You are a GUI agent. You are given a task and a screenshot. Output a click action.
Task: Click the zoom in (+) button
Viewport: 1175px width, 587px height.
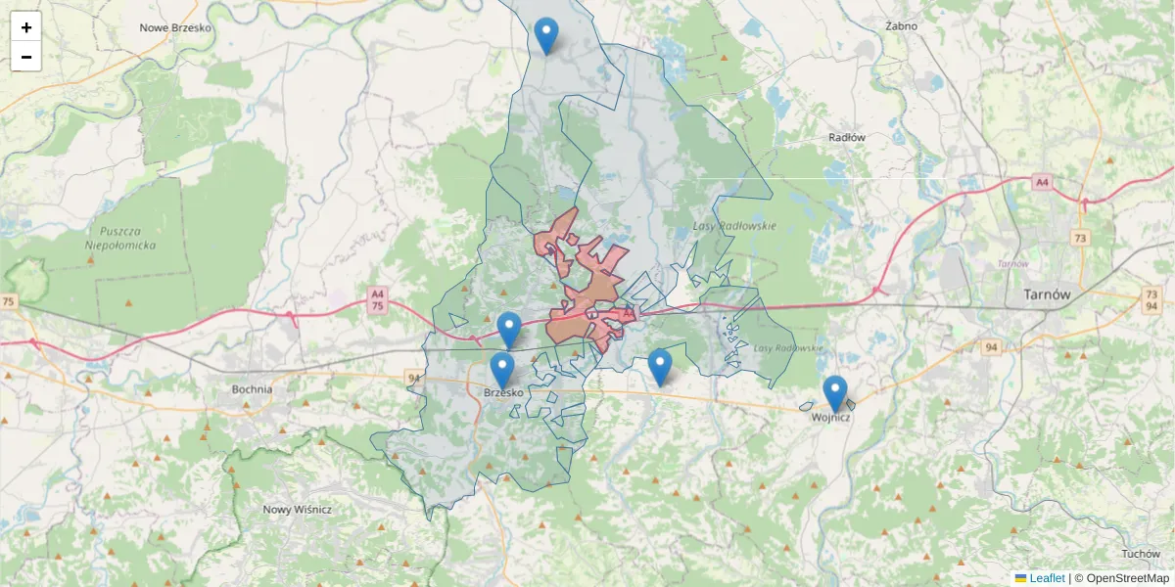[26, 27]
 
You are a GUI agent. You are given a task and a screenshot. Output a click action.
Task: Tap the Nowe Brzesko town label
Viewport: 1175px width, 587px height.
[175, 27]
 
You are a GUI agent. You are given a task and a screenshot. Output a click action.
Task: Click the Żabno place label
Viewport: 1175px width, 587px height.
[900, 26]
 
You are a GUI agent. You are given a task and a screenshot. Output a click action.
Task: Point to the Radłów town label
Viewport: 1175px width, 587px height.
[847, 138]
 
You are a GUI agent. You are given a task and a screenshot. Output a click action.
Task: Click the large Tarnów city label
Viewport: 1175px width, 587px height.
[1047, 293]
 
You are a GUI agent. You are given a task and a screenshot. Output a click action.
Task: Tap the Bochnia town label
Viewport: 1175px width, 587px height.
[252, 388]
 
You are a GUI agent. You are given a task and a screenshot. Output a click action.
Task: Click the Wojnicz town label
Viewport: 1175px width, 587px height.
[831, 418]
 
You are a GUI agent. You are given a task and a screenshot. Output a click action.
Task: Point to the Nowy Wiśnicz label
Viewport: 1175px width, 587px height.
[298, 510]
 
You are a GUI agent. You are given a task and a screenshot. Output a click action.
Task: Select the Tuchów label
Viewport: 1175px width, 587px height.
[1141, 554]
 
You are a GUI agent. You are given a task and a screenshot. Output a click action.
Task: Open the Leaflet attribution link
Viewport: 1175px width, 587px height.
[1047, 578]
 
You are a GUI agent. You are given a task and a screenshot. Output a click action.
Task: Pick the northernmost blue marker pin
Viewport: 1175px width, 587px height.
[546, 36]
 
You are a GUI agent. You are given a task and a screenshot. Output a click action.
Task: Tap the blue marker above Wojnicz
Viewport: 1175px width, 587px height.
[835, 393]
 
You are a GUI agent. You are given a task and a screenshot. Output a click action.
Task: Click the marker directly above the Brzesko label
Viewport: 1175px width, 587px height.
[502, 370]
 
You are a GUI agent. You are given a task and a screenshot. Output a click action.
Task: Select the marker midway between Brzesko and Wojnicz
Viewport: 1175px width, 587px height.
[660, 367]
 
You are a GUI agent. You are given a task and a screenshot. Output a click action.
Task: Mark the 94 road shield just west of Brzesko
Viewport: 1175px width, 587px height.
[412, 378]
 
